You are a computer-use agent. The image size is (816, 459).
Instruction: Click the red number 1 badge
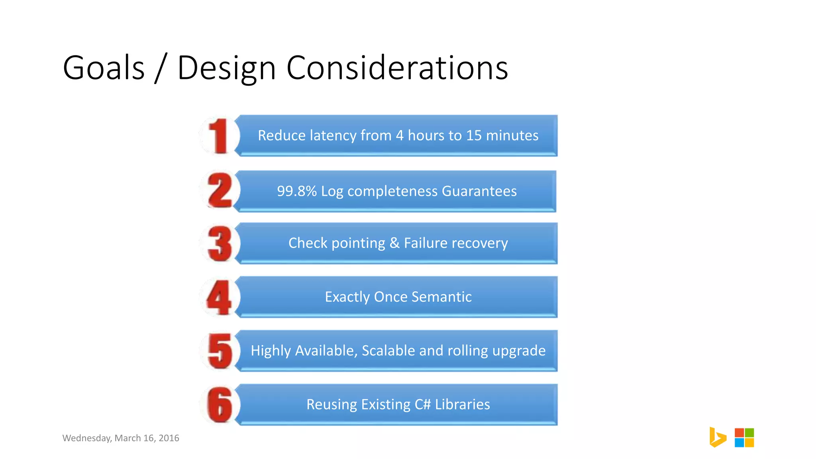pos(219,136)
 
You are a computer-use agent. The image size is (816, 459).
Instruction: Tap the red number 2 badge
pos(220,190)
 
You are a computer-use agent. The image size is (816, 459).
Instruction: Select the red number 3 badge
pos(220,243)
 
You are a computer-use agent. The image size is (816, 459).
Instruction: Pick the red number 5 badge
pos(220,351)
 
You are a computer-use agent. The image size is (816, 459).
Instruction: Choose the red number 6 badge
pos(220,404)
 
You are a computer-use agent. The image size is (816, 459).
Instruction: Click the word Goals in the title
pos(104,68)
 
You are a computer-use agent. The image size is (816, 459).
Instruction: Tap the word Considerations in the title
pos(397,68)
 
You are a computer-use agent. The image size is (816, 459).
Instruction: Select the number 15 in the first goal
pos(474,135)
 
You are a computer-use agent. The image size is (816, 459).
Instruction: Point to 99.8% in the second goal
pos(296,191)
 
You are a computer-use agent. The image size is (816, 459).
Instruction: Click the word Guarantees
pos(479,191)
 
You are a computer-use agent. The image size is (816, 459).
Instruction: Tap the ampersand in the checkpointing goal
pos(394,243)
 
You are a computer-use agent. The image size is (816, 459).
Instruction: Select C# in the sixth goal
pos(422,404)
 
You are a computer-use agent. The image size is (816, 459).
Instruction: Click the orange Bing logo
pos(718,437)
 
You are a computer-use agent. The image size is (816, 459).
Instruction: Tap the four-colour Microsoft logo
pos(744,437)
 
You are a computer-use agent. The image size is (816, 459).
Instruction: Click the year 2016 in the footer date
pos(169,438)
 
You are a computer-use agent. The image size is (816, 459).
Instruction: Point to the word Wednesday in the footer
pos(87,438)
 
